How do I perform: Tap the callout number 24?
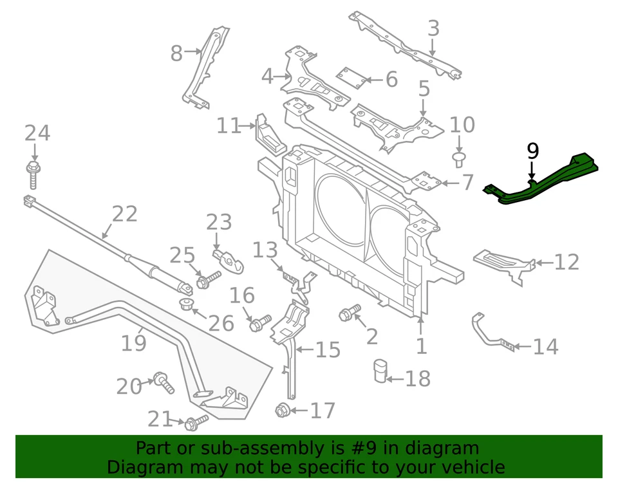[37, 133]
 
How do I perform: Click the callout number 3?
[433, 28]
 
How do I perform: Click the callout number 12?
[566, 262]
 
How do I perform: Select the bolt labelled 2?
[348, 314]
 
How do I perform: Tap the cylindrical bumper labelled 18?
[380, 371]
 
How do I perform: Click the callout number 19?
[134, 343]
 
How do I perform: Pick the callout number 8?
[176, 54]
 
